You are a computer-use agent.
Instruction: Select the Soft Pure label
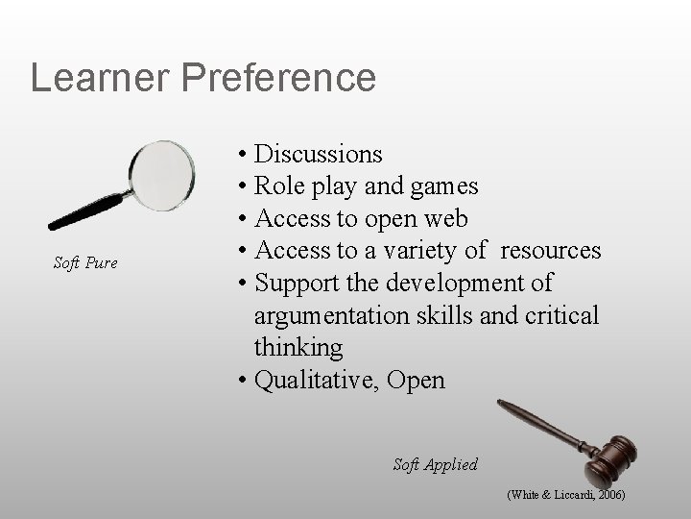pos(85,262)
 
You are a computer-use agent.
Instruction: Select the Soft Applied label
pos(435,464)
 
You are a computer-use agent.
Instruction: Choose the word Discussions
pos(318,154)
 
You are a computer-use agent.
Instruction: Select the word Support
pos(304,284)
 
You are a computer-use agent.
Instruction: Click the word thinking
pos(298,348)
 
